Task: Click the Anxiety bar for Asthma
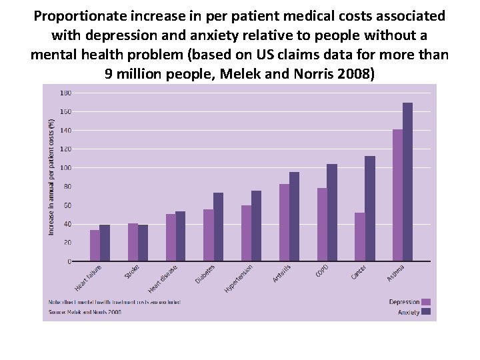point(408,181)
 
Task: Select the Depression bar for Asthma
point(397,195)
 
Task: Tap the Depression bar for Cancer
point(359,237)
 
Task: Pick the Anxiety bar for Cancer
point(370,208)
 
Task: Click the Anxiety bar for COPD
point(332,212)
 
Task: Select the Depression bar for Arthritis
point(284,222)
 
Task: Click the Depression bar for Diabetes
point(208,235)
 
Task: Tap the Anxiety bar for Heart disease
point(180,236)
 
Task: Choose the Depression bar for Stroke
point(133,242)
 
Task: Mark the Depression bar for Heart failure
point(95,245)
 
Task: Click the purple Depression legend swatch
point(427,302)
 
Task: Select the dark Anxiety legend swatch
point(427,311)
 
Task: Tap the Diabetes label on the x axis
point(205,273)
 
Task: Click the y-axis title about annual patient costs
point(52,177)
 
